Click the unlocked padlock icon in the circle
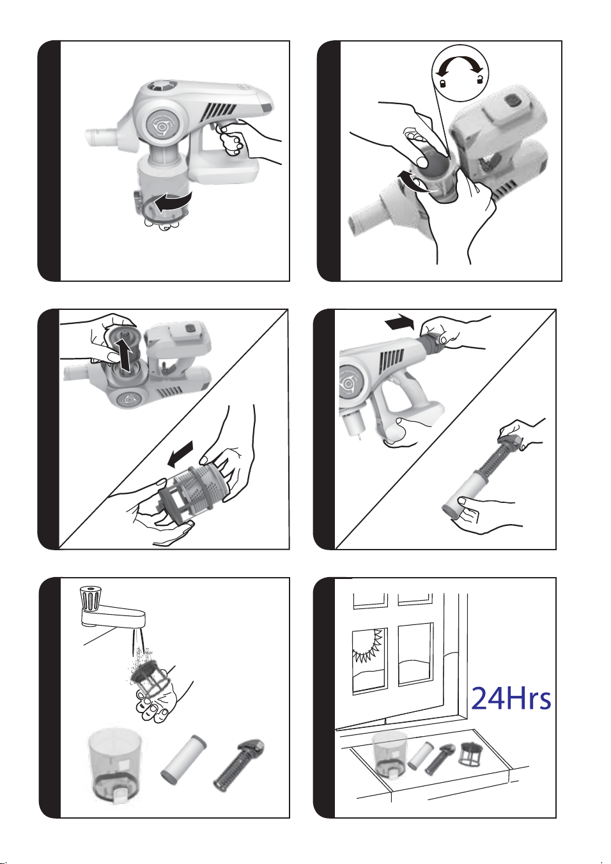480,79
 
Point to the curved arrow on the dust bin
172,203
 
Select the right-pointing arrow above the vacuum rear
399,321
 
